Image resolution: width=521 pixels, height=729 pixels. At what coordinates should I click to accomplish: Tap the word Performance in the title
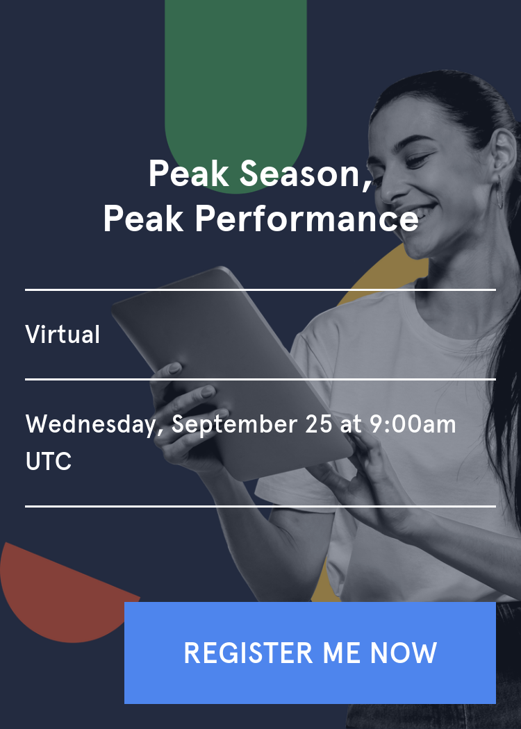pyautogui.click(x=306, y=219)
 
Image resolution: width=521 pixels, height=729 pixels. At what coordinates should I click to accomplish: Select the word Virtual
pyautogui.click(x=63, y=335)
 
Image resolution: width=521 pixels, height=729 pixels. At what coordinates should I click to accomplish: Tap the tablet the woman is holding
pyautogui.click(x=229, y=361)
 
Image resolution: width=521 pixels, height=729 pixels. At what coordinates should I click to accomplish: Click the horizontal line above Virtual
pyautogui.click(x=260, y=290)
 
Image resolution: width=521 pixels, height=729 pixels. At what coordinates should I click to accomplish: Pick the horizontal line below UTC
pyautogui.click(x=260, y=507)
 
